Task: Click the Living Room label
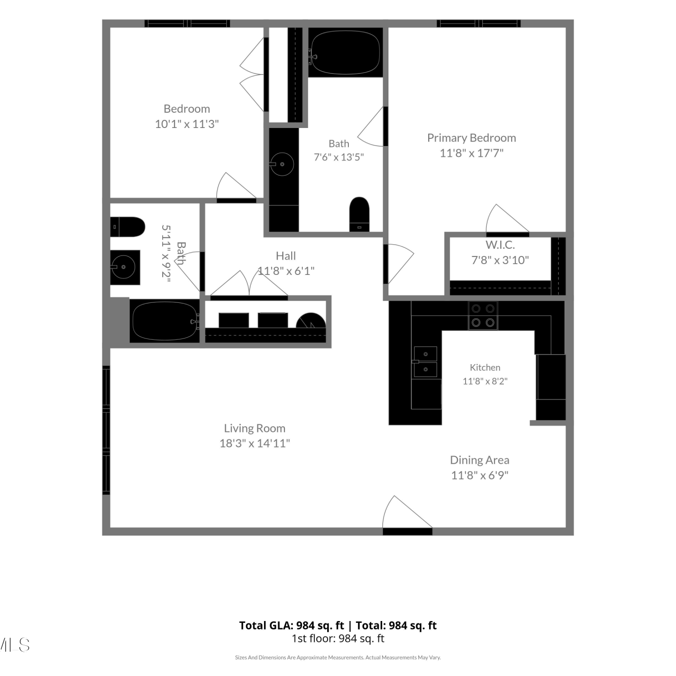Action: point(255,428)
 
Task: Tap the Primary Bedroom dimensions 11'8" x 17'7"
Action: point(471,153)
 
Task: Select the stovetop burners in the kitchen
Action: point(483,315)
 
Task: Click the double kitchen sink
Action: point(426,361)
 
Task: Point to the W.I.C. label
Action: point(500,245)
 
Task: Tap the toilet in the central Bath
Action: point(359,215)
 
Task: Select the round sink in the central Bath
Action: point(282,164)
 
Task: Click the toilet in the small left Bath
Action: point(128,227)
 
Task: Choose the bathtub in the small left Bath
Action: point(165,321)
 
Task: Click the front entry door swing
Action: point(407,512)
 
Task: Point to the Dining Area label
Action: point(480,460)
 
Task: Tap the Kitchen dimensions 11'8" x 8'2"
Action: point(485,381)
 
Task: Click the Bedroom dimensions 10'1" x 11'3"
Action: point(187,124)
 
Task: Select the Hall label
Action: point(286,256)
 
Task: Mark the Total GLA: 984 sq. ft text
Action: point(292,626)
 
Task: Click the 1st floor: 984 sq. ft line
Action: point(338,639)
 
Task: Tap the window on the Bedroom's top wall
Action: point(187,23)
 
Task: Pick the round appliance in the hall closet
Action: point(311,320)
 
